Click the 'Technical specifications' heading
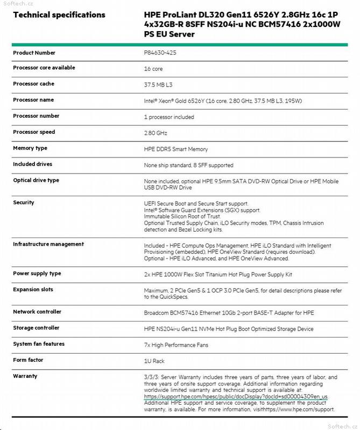point(59,15)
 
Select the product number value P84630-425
point(163,53)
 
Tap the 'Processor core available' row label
point(44,68)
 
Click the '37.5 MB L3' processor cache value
point(158,85)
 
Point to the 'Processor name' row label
point(33,100)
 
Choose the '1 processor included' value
point(169,117)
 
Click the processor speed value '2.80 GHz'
point(156,133)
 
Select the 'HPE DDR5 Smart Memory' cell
point(176,149)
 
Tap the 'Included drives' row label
point(33,164)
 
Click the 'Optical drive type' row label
point(36,181)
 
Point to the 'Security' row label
point(24,203)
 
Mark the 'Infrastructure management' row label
point(48,244)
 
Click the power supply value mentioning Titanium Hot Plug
point(218,274)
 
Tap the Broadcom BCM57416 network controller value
point(229,313)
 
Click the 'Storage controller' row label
point(36,328)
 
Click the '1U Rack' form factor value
point(154,361)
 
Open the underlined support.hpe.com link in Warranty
point(236,396)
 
